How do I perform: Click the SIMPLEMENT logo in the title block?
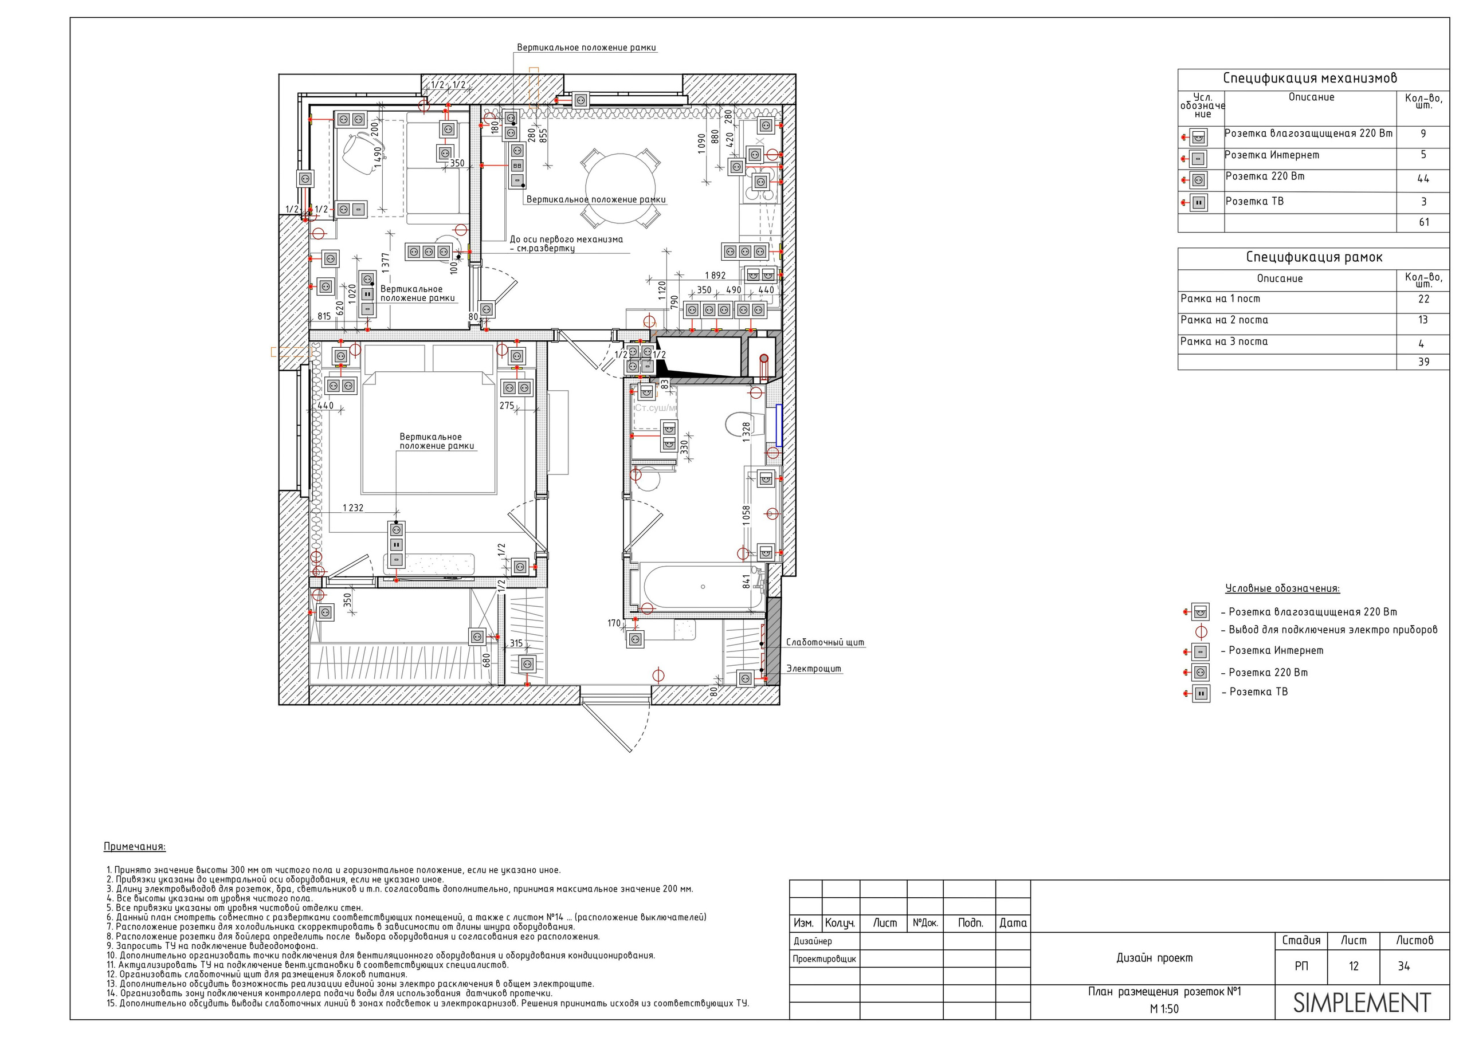point(1362,1003)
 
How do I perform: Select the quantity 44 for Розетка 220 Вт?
point(1423,179)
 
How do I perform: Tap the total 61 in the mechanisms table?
point(1424,222)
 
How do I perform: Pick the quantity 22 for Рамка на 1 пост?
point(1423,299)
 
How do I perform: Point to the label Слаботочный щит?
point(825,642)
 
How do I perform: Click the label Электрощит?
point(813,669)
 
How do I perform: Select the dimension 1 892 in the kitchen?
point(715,276)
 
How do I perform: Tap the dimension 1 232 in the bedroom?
point(352,508)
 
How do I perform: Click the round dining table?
point(621,188)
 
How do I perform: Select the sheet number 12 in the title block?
point(1354,966)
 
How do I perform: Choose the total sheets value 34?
point(1404,966)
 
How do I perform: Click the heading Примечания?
point(134,847)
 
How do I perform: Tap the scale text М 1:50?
point(1164,1009)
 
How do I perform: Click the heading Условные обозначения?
point(1282,588)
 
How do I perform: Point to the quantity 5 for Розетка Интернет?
point(1423,155)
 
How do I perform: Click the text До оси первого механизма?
point(566,239)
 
